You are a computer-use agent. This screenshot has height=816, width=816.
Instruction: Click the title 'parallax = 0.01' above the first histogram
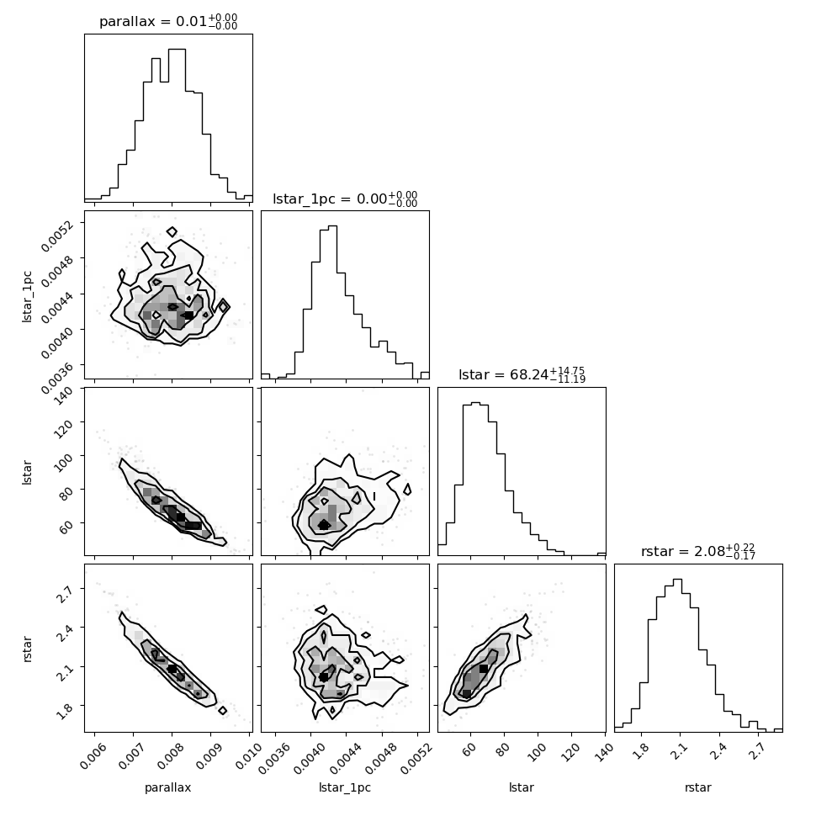click(168, 22)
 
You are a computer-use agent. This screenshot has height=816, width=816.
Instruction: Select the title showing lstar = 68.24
click(522, 375)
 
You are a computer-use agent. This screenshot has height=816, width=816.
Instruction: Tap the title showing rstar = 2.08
click(698, 552)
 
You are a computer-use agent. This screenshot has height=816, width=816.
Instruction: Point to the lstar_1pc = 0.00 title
click(345, 199)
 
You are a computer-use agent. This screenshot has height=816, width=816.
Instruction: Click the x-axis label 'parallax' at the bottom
click(168, 788)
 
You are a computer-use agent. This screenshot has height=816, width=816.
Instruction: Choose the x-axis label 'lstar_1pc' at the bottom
click(345, 788)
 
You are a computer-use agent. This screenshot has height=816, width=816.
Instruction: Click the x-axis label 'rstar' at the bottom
click(698, 788)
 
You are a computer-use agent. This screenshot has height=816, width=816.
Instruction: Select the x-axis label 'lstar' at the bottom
click(522, 788)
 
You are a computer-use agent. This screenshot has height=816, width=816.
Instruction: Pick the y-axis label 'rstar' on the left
click(28, 648)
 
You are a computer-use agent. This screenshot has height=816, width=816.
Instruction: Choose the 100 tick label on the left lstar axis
click(67, 459)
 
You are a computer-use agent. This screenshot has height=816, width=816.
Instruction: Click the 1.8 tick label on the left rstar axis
click(70, 708)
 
